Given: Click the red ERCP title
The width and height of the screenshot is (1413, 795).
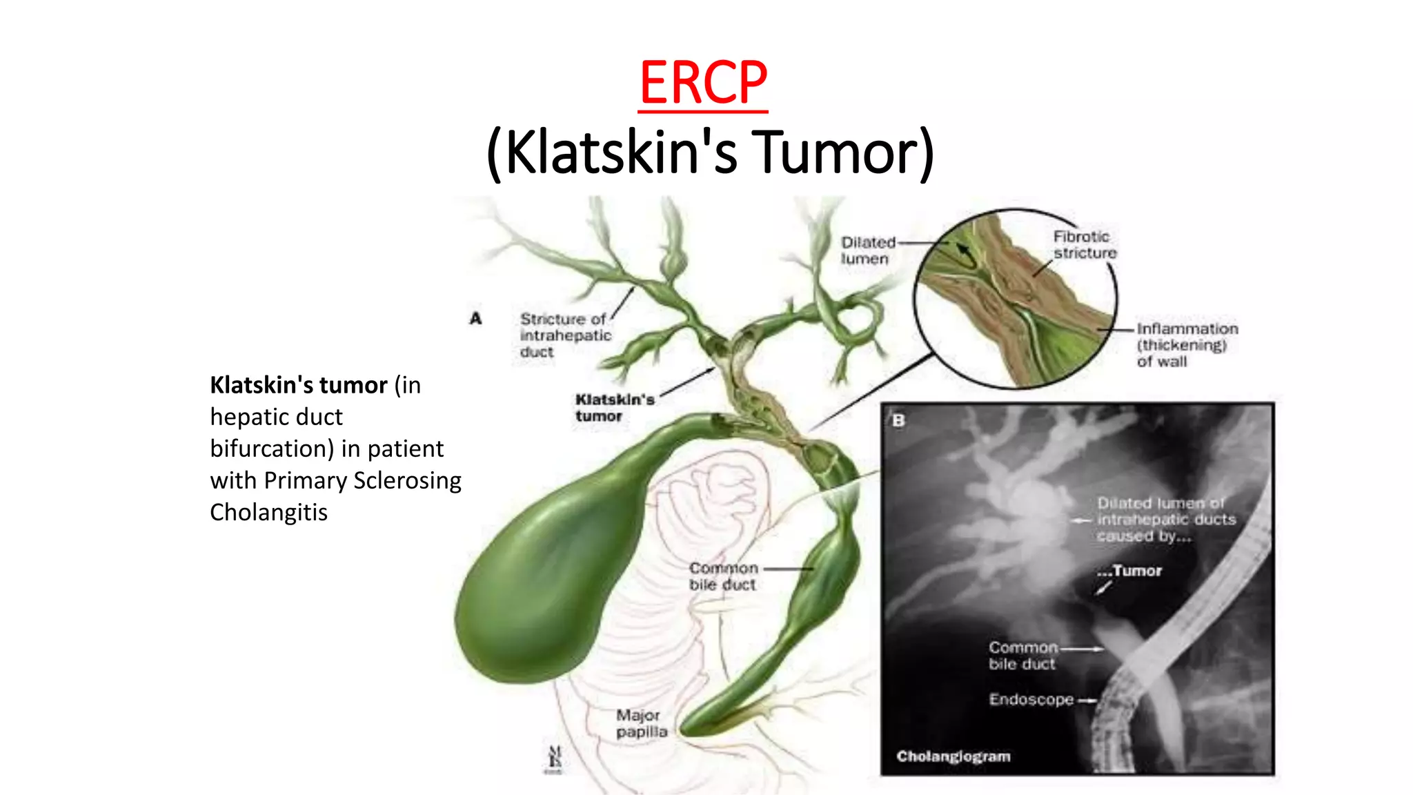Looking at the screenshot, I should click(703, 83).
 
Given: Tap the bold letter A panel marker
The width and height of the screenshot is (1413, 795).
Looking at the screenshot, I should click(475, 318).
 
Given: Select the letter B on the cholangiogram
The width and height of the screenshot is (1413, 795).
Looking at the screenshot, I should click(898, 420).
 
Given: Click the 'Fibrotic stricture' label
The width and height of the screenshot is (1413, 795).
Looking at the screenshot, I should click(1085, 245).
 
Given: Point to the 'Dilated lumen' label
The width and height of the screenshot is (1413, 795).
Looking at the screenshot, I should click(867, 251).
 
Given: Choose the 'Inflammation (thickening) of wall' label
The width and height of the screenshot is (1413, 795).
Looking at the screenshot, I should click(1187, 345).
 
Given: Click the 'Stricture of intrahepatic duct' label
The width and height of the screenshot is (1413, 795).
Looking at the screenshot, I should click(565, 335).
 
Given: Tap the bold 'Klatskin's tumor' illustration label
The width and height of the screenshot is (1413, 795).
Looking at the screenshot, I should click(614, 408).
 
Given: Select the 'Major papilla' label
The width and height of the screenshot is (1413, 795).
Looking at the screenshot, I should click(641, 723).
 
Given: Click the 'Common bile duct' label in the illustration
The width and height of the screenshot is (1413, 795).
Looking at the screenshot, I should click(723, 576).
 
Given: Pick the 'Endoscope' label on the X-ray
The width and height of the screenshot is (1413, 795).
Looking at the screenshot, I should click(1031, 700).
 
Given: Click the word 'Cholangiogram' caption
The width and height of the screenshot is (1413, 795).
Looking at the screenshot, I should click(953, 756).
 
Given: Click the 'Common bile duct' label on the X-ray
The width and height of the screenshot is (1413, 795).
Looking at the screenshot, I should click(1022, 656).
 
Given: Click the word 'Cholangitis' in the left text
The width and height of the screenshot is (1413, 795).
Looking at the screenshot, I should click(269, 513).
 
